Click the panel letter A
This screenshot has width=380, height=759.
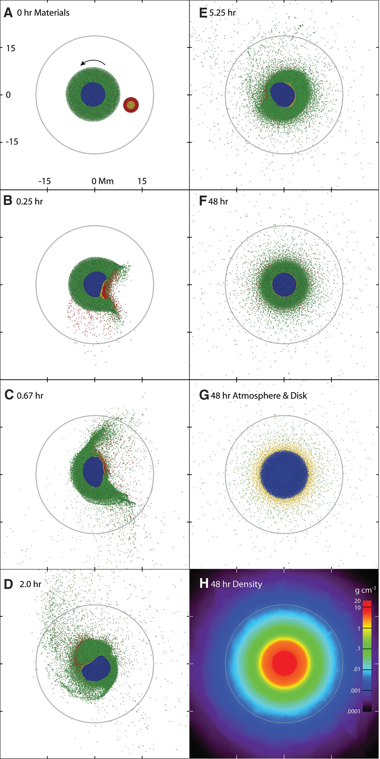pyautogui.click(x=8, y=13)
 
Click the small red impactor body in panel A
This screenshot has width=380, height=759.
pyautogui.click(x=131, y=105)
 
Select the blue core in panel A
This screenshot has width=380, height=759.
pyautogui.click(x=93, y=94)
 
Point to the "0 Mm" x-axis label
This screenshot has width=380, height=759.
pyautogui.click(x=102, y=181)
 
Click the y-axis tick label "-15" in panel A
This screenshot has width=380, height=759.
pyautogui.click(x=12, y=142)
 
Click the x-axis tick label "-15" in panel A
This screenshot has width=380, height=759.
pyautogui.click(x=44, y=181)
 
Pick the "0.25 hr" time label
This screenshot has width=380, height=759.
pyautogui.click(x=29, y=202)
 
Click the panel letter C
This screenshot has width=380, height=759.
pyautogui.click(x=9, y=395)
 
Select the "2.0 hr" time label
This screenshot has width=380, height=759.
pyautogui.click(x=30, y=584)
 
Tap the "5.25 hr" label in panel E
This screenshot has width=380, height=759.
pyautogui.click(x=222, y=13)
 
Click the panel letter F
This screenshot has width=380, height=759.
pyautogui.click(x=203, y=201)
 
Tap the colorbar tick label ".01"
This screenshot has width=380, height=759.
pyautogui.click(x=356, y=669)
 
